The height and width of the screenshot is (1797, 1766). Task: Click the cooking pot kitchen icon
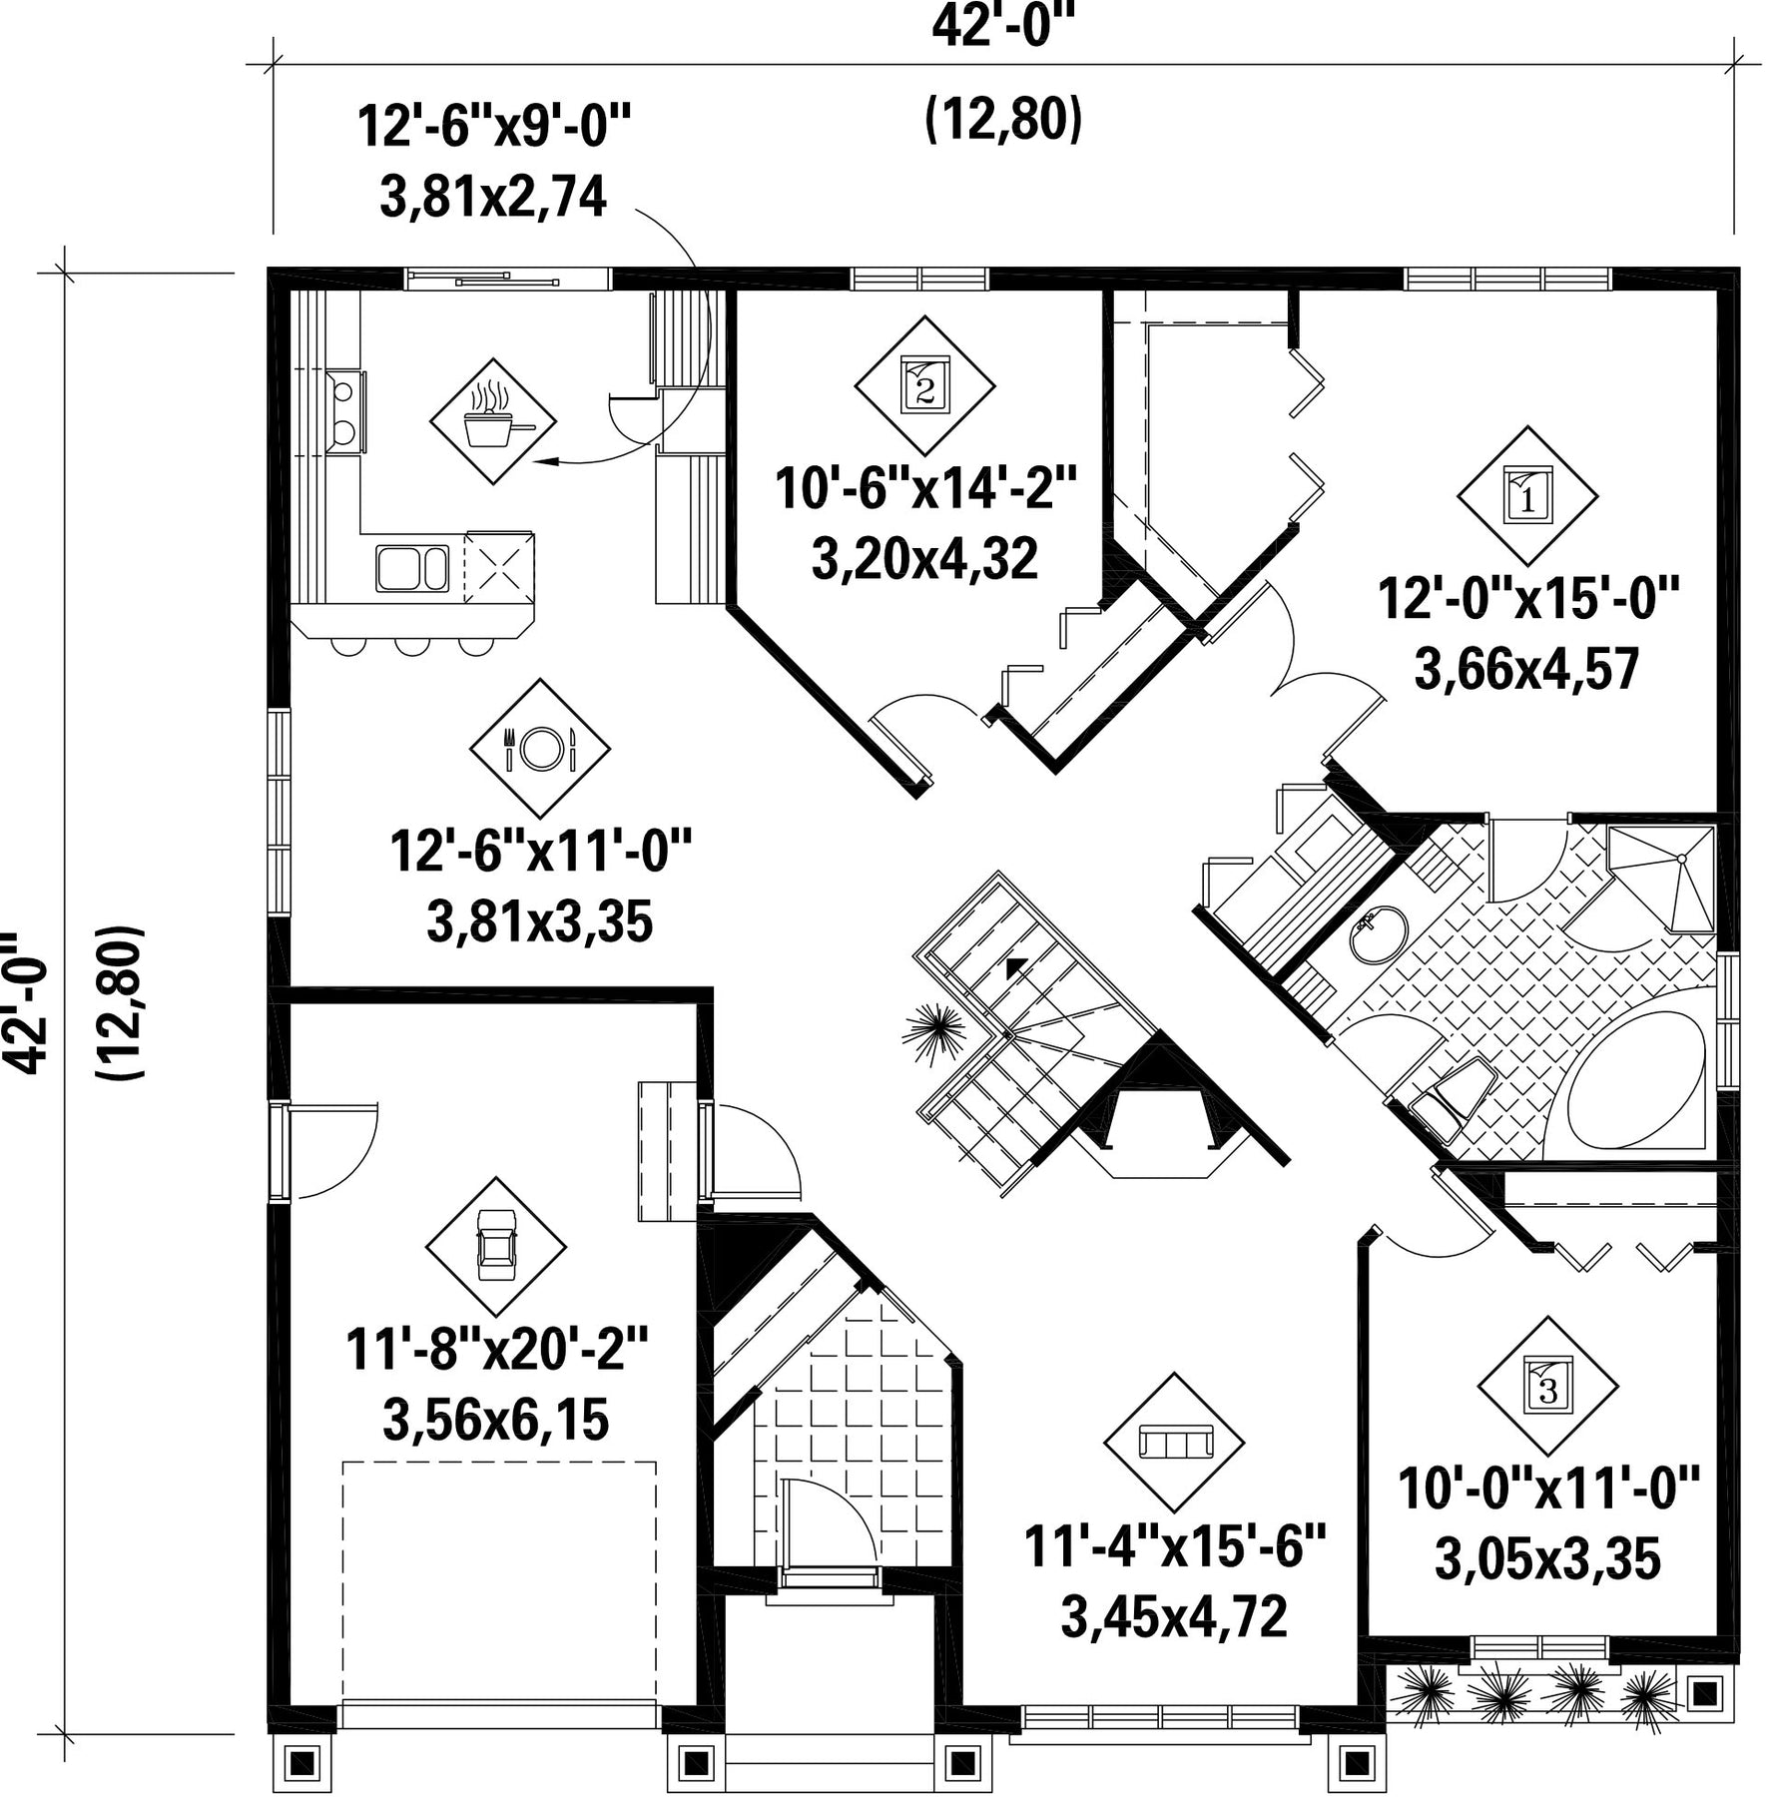[493, 421]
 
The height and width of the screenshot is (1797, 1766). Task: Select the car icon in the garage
[496, 1246]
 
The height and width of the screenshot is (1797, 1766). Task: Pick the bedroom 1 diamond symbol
[1527, 496]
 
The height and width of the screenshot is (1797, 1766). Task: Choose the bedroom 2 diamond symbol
[925, 385]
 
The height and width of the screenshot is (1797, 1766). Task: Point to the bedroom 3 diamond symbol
[1547, 1386]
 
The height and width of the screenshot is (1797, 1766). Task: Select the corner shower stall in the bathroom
[1666, 878]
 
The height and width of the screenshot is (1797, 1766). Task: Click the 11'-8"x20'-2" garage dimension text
[497, 1351]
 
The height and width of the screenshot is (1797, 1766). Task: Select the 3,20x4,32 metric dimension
[924, 559]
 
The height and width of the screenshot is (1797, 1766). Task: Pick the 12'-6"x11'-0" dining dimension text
[540, 854]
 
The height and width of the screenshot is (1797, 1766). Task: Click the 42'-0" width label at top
[1005, 26]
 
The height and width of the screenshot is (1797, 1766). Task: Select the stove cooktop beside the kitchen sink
[499, 568]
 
